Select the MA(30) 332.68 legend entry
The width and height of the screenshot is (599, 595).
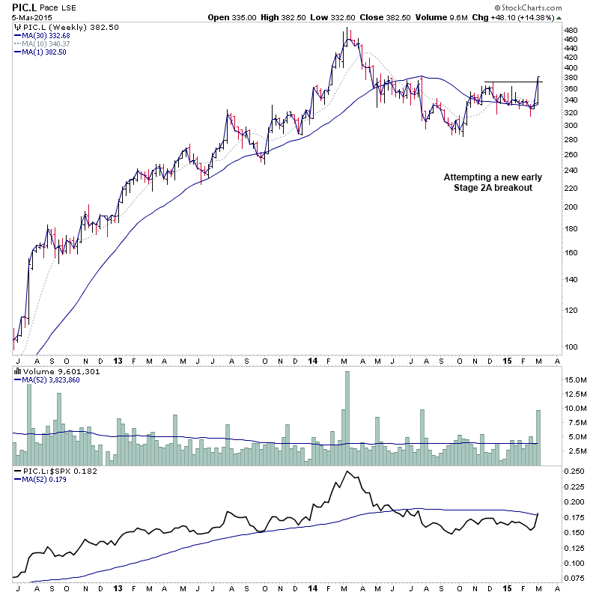coord(46,35)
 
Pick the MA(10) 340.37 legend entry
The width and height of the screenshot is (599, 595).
coord(47,43)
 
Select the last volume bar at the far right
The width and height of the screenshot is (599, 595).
coord(538,438)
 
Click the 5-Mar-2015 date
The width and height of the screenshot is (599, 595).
coord(22,16)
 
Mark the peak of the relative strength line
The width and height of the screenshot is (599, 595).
coord(347,472)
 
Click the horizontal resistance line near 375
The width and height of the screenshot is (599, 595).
coord(509,81)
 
